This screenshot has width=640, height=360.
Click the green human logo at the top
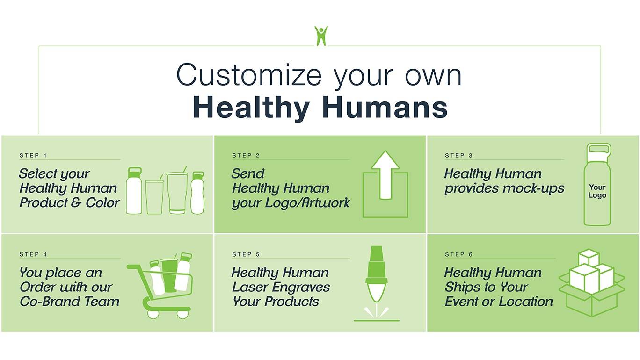(x=321, y=36)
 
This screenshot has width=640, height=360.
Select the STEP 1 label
(x=33, y=155)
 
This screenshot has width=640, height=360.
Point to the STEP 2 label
(x=246, y=155)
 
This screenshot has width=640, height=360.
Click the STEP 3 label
(x=458, y=155)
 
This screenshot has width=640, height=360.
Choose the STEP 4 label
(x=33, y=254)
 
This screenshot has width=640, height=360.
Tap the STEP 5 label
(x=246, y=254)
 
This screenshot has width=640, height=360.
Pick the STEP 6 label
(x=458, y=254)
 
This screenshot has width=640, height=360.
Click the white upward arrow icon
(x=385, y=175)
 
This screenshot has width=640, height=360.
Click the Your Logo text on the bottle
(x=597, y=191)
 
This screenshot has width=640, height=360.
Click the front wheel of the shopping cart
(x=182, y=314)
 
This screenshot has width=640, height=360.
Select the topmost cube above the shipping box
(x=589, y=257)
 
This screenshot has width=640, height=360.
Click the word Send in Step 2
(x=248, y=173)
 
